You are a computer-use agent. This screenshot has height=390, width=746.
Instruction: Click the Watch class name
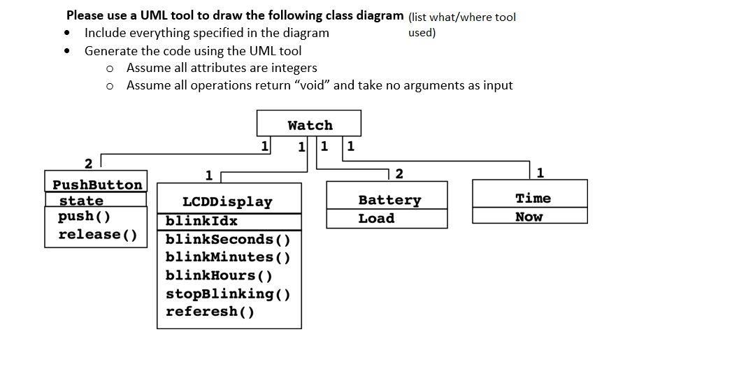[310, 125]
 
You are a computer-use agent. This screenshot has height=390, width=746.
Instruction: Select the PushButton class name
[97, 185]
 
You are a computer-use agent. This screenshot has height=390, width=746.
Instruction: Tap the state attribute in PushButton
[81, 201]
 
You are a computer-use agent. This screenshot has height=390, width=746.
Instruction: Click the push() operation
[84, 217]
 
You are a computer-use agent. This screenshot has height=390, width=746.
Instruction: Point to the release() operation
[98, 234]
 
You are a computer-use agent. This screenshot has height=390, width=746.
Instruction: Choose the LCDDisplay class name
[227, 202]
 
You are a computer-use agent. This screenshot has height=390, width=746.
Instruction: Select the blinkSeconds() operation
[228, 239]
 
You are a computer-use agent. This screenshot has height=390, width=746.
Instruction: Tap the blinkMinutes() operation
[228, 257]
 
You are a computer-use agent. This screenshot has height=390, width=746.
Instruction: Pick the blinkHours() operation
[219, 275]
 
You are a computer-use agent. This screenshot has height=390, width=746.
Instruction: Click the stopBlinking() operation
[228, 294]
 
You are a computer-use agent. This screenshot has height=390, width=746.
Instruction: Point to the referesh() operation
[210, 312]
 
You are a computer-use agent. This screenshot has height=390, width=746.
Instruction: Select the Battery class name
[389, 200]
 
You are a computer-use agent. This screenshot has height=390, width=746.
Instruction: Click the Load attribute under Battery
[376, 218]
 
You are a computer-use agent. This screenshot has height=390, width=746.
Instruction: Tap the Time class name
[533, 198]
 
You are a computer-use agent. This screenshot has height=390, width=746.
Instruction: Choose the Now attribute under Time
[529, 217]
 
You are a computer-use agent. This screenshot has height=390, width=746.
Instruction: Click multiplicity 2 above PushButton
[88, 164]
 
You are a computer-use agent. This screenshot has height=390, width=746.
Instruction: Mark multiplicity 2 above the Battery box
[399, 173]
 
